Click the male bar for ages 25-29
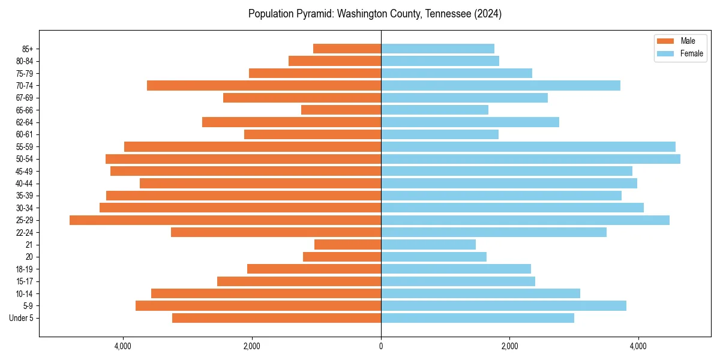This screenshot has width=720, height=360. [225, 220]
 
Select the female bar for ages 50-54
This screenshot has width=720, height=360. [530, 159]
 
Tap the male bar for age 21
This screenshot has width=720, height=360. [347, 245]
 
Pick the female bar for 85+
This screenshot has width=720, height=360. [437, 49]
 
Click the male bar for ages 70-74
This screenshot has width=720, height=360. [264, 86]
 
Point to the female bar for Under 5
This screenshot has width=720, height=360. [477, 318]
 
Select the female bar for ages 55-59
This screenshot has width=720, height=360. [528, 146]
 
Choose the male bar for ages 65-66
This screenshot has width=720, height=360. [341, 110]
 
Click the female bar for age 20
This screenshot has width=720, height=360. [433, 257]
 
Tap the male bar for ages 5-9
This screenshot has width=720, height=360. [258, 306]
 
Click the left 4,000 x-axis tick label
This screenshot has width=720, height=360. [123, 347]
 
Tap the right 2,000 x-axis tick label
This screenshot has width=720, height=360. [509, 347]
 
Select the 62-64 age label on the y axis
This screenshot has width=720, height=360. [24, 122]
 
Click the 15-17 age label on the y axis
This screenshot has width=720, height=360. [24, 281]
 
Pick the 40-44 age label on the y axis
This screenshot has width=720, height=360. [24, 184]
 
